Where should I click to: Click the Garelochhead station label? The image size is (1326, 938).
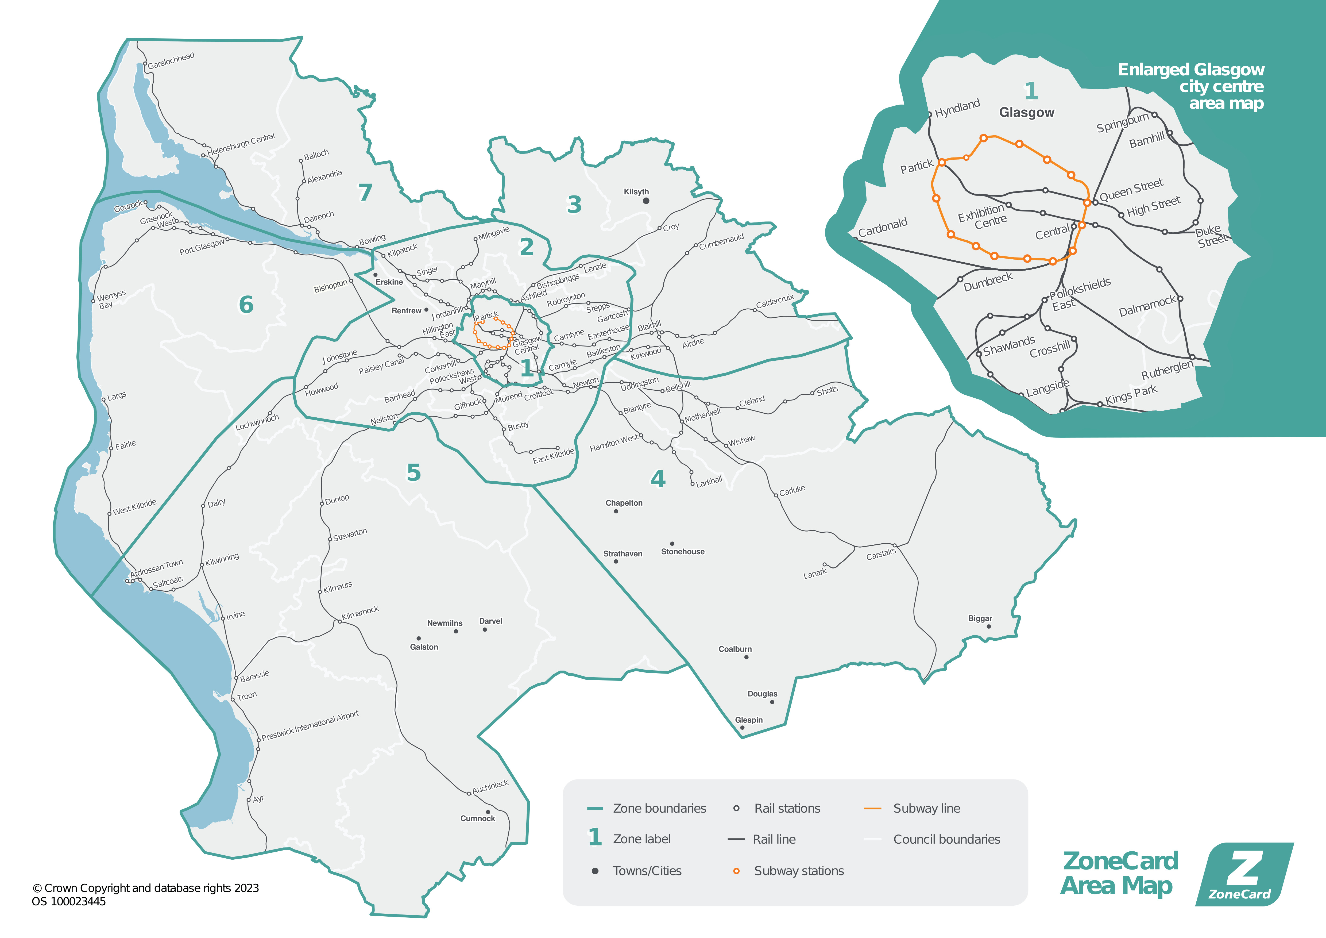point(171,60)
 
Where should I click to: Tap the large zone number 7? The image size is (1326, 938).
point(365,192)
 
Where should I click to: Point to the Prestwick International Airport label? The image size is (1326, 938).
point(310,725)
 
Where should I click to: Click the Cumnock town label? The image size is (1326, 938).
point(478,818)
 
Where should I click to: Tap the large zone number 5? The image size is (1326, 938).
point(413,472)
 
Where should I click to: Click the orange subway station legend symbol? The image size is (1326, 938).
point(736,871)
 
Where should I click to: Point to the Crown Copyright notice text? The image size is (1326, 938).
point(145,888)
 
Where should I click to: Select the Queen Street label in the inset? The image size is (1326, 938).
point(1131,190)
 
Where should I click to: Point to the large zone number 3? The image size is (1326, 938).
point(574,205)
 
